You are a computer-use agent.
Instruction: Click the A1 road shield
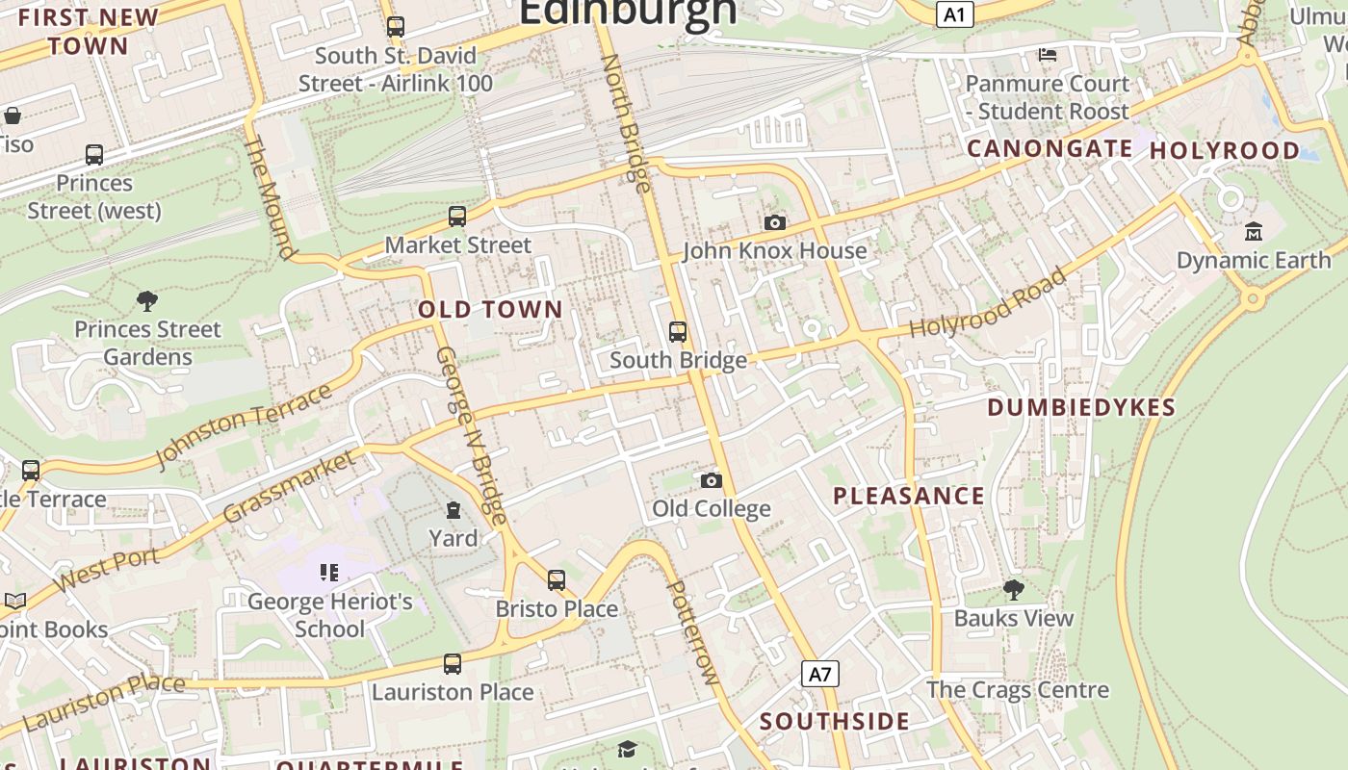[954, 14]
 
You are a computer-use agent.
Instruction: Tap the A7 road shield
[819, 674]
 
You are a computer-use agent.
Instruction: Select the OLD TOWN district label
[490, 310]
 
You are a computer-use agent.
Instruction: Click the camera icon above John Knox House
[774, 223]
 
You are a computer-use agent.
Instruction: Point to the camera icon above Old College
[711, 480]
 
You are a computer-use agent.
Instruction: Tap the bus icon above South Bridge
[678, 332]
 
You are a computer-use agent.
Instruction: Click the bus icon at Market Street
[457, 217]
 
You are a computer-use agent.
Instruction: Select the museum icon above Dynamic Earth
[1253, 232]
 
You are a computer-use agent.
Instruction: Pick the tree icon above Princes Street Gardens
[147, 301]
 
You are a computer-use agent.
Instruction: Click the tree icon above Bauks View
[1013, 589]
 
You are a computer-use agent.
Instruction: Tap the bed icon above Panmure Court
[1048, 55]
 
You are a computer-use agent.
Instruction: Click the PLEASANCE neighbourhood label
[909, 497]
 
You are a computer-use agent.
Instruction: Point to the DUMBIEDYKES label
[1081, 408]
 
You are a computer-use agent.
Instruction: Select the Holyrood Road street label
[989, 302]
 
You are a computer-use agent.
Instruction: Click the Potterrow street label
[693, 632]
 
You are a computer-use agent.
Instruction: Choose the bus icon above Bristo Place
[557, 580]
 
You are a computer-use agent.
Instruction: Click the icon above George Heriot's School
[329, 574]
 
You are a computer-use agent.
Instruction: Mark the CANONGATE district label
[1050, 149]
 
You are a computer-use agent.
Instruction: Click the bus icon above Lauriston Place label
[452, 664]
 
